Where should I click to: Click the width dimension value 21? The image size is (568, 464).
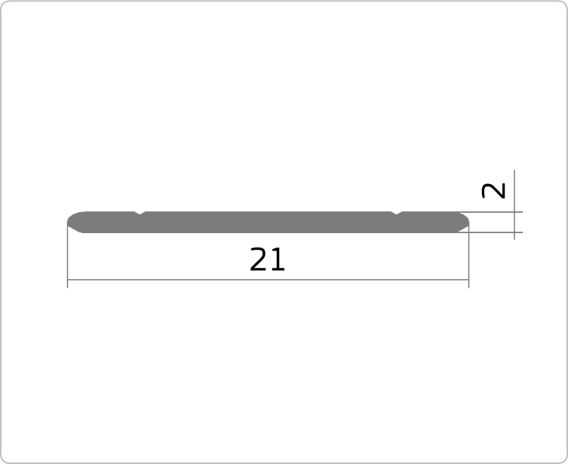pos(267,260)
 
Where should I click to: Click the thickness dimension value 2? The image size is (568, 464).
pos(493,191)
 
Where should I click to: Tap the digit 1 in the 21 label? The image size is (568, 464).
pos(278,260)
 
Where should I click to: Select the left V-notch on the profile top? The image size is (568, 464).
pos(140,213)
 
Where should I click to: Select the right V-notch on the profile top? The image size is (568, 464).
pos(397,213)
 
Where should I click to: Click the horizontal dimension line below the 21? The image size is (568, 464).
pos(268,280)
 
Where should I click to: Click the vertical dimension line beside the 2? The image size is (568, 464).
pos(514,204)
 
